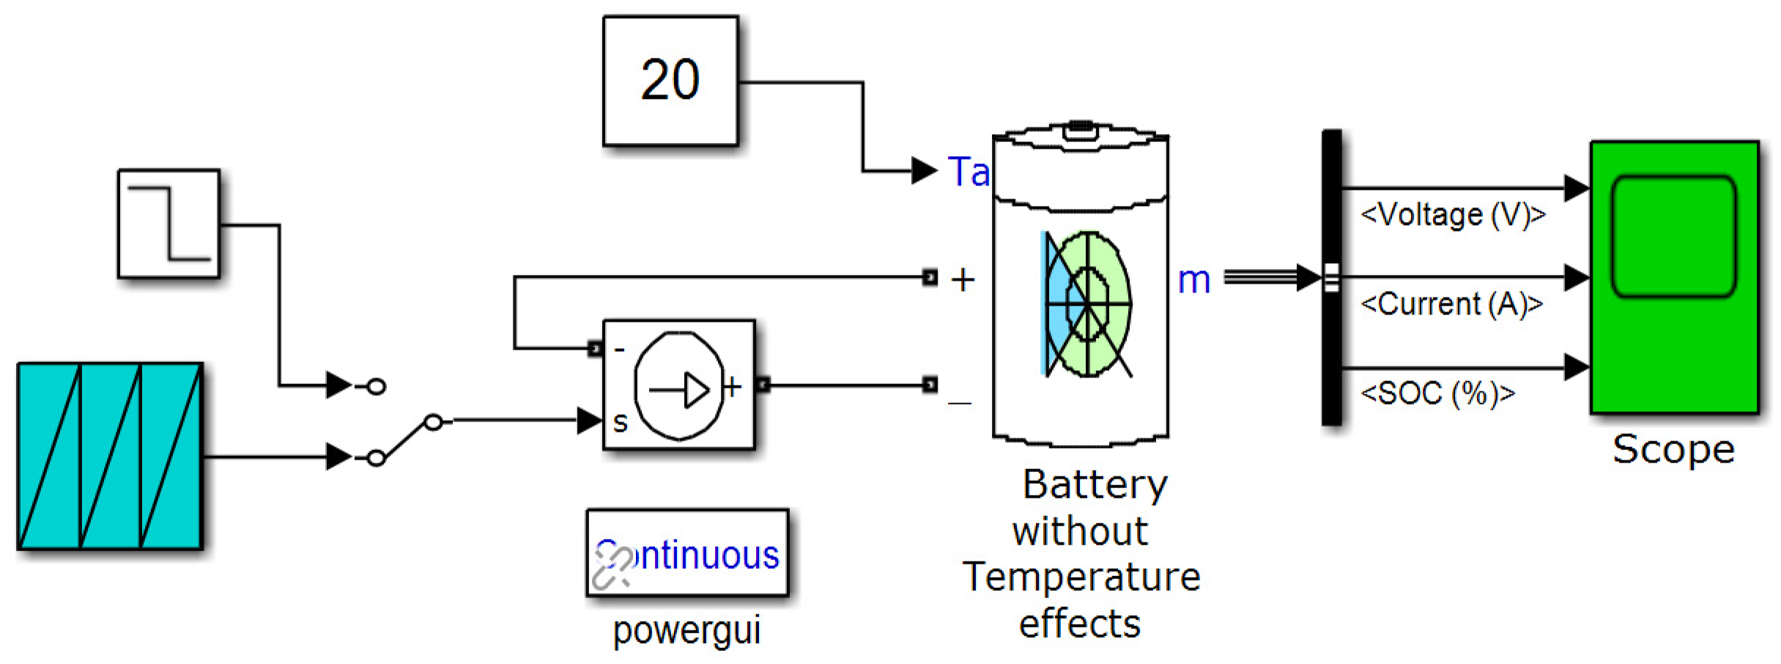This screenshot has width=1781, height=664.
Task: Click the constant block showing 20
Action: click(670, 81)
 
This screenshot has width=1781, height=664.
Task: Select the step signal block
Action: click(169, 224)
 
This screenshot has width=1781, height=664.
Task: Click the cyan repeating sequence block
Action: click(110, 456)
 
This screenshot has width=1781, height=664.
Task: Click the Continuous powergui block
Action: click(687, 553)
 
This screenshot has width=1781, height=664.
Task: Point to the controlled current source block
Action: click(678, 385)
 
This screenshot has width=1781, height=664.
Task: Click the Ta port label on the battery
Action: click(968, 172)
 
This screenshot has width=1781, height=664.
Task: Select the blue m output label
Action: click(1193, 281)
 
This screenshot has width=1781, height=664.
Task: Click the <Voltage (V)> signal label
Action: click(1453, 215)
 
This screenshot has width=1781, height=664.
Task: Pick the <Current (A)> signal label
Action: click(1451, 304)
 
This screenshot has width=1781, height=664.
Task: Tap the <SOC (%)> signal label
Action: click(1437, 394)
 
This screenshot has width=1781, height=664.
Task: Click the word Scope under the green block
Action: click(1673, 449)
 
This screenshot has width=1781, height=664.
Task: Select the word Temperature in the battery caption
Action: click(1081, 577)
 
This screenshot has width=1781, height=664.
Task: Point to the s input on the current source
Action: click(620, 422)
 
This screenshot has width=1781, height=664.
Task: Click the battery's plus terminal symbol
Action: click(963, 280)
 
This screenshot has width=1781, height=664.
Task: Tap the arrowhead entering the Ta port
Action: click(923, 171)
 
